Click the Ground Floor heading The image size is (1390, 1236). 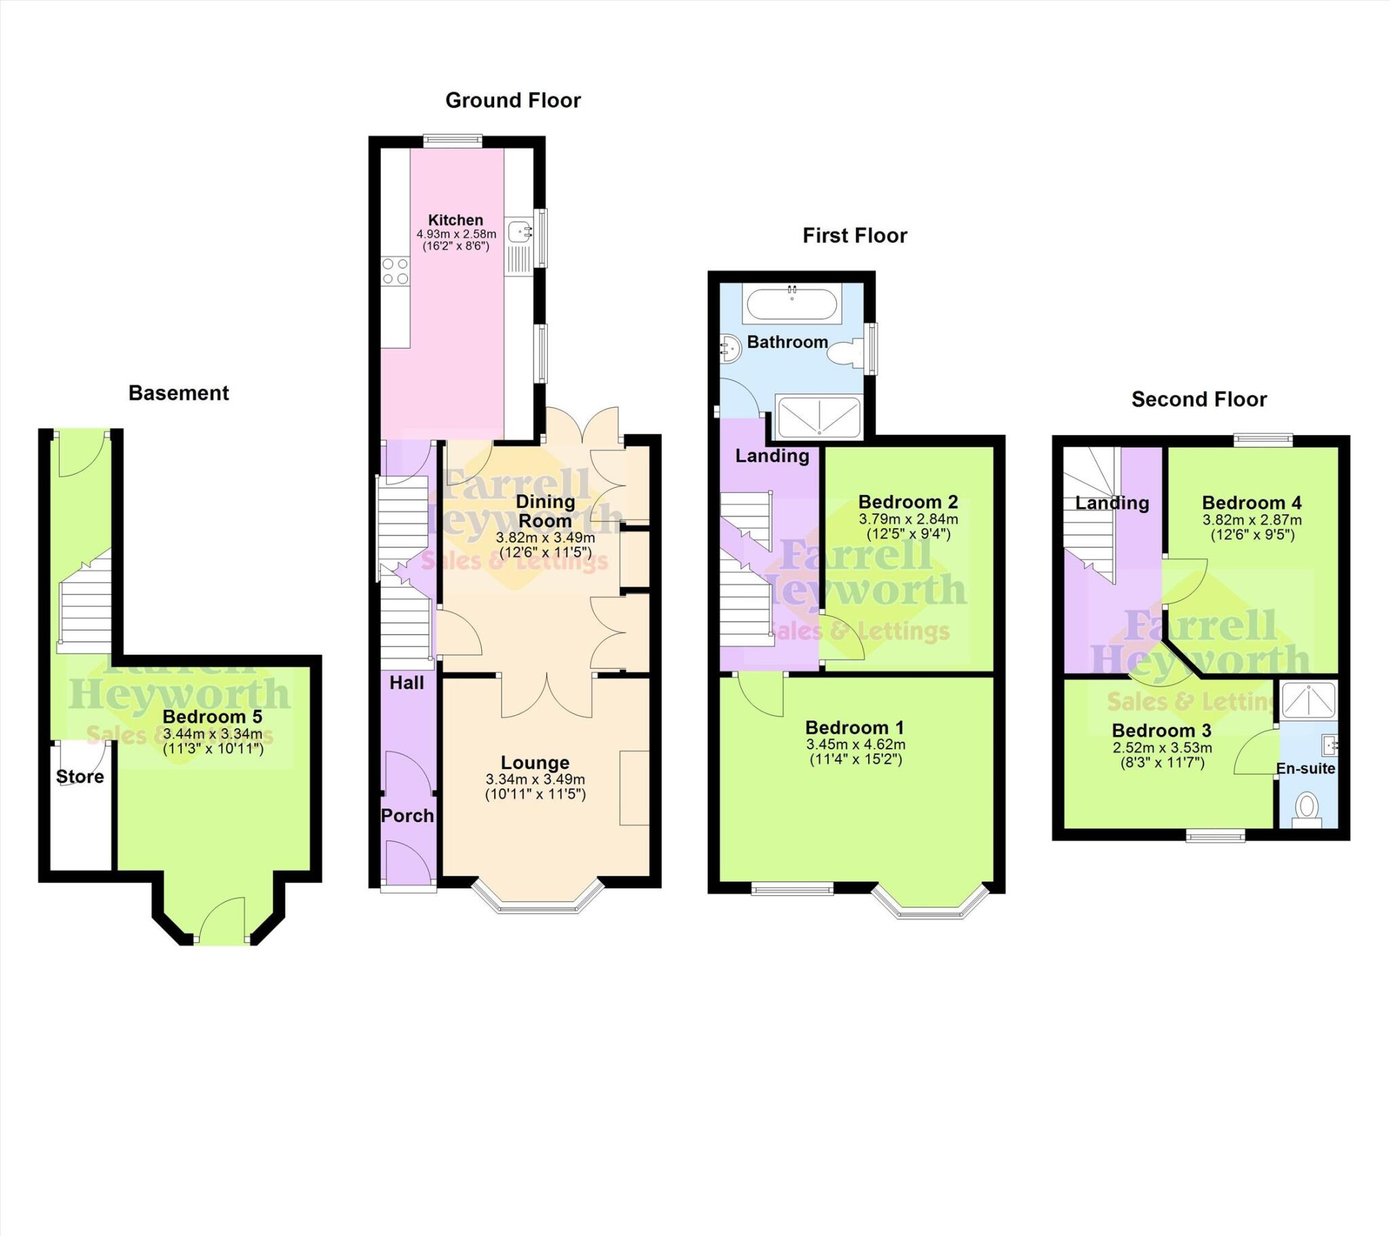pos(512,100)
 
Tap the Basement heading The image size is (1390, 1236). pos(179,393)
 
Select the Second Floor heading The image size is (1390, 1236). pos(1198,399)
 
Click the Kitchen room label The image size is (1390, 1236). pos(455,220)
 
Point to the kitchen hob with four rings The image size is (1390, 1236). pos(395,271)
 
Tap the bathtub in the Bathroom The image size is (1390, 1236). pos(791,303)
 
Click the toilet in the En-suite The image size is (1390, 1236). pos(1307,807)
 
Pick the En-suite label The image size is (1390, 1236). pos(1305,768)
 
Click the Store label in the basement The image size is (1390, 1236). pos(79,777)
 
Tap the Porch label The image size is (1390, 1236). pos(407,816)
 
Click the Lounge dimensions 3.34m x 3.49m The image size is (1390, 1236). pos(535,780)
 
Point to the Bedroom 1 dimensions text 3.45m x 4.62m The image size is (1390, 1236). pos(854,745)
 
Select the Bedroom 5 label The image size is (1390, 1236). pos(212,717)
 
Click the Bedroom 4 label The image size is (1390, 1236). pos(1252,503)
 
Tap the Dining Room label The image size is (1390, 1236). pos(545,512)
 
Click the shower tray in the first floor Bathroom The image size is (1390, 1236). pos(818,415)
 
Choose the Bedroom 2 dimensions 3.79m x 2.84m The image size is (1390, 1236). pos(908,519)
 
